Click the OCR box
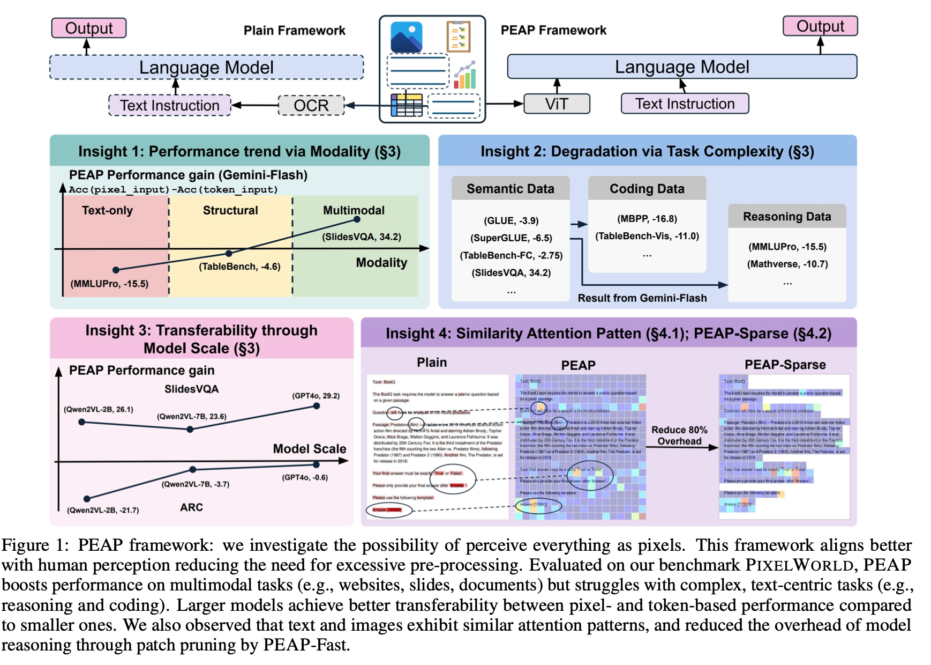tap(311, 105)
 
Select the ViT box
tap(557, 104)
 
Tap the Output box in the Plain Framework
tap(89, 28)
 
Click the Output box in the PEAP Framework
tap(820, 26)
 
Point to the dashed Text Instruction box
tap(170, 105)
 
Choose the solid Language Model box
tap(681, 67)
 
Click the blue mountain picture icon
tap(407, 37)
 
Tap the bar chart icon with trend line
tap(465, 75)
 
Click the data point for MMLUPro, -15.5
tap(116, 270)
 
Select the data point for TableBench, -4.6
tap(229, 253)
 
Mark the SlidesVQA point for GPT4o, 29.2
tap(317, 406)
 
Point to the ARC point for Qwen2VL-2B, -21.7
tap(87, 499)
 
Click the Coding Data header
tap(647, 189)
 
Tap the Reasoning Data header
tap(786, 217)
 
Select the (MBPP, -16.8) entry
tap(647, 219)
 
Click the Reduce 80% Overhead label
tap(679, 435)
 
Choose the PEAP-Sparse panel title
tap(785, 365)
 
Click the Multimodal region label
tap(354, 210)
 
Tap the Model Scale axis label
tap(309, 449)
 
